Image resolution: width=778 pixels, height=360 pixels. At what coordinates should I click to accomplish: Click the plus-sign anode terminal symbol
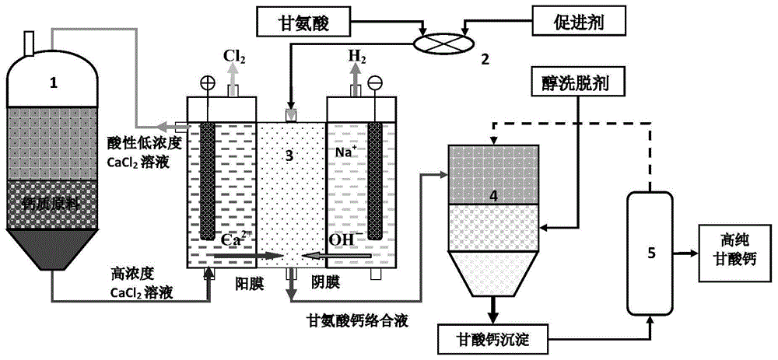coord(207,79)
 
